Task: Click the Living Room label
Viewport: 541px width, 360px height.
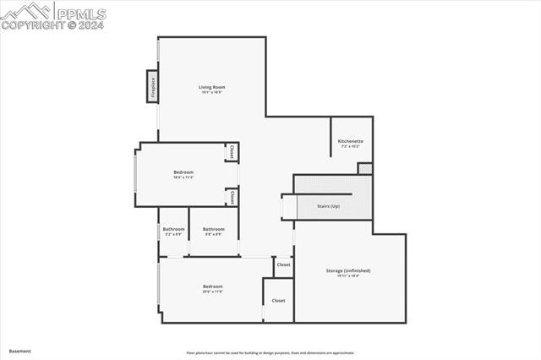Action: point(212,87)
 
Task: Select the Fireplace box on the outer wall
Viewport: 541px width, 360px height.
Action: point(153,89)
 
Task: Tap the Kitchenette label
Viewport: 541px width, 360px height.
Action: point(350,141)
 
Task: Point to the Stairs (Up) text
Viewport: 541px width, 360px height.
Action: point(328,206)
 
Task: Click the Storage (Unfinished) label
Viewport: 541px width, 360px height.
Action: point(348,270)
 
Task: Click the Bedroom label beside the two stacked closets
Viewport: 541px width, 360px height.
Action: point(183,172)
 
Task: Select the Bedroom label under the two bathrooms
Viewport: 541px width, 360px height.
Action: point(212,286)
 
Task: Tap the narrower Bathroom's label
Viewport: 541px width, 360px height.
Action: point(174,229)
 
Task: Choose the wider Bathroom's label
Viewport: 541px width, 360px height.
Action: point(213,229)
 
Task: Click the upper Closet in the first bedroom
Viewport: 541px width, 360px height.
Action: point(232,152)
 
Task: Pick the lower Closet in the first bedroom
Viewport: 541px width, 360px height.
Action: point(232,197)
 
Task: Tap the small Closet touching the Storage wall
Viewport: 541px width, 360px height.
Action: point(283,265)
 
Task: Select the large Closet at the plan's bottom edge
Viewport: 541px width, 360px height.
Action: point(278,300)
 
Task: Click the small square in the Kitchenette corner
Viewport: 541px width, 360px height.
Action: point(364,168)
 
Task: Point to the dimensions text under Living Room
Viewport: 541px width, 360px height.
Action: point(212,92)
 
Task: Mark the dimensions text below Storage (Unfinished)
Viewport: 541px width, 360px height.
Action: point(348,275)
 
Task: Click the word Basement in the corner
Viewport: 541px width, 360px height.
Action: point(19,351)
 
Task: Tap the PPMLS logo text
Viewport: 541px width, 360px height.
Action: point(79,14)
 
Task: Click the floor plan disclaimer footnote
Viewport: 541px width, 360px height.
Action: point(270,353)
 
